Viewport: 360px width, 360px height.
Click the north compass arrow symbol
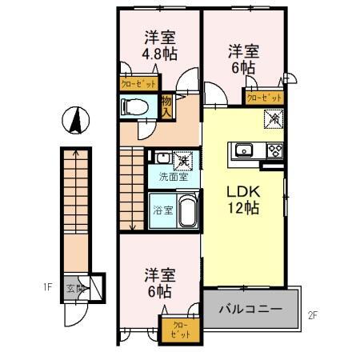click(74, 121)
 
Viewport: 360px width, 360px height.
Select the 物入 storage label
click(166, 106)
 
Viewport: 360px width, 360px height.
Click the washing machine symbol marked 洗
click(183, 158)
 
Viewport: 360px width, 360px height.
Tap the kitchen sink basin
click(243, 150)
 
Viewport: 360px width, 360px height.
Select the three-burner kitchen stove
click(274, 150)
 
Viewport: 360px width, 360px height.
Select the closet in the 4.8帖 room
click(138, 82)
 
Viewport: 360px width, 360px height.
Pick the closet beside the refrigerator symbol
click(264, 98)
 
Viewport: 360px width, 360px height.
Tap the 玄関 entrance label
click(74, 287)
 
